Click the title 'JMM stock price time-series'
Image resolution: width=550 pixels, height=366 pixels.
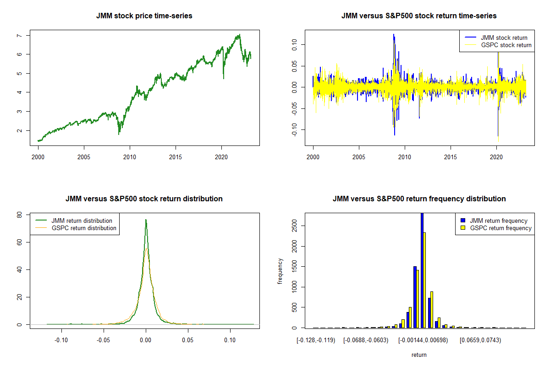(144, 16)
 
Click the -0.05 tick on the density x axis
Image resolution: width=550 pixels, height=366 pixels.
(104, 340)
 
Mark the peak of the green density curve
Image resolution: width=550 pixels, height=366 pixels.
(146, 220)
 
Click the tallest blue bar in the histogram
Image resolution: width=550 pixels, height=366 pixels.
(422, 270)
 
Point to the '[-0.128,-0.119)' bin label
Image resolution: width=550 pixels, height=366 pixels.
(316, 340)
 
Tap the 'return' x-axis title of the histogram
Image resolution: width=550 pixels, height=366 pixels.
(419, 355)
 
